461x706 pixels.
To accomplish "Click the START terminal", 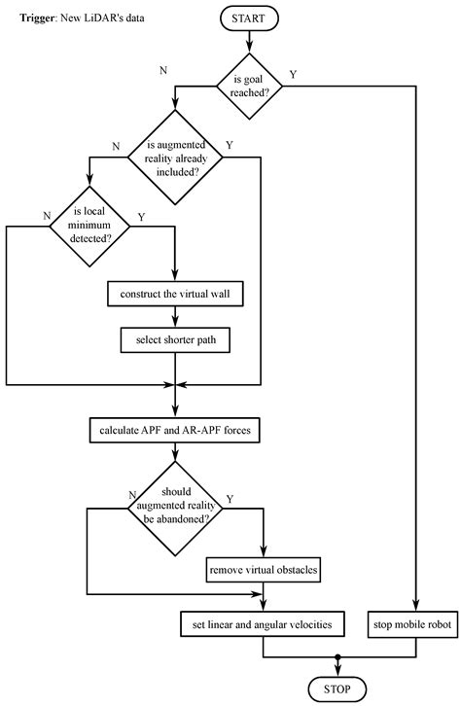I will (x=250, y=18).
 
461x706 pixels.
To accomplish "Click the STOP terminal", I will (x=337, y=688).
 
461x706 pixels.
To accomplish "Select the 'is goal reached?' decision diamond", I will (x=250, y=86).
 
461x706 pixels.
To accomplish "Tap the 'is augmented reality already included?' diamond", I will (x=176, y=159).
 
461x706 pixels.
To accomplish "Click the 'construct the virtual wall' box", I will (x=176, y=295).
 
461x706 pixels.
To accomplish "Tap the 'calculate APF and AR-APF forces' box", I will (x=176, y=429).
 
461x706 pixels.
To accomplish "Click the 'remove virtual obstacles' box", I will (x=265, y=569).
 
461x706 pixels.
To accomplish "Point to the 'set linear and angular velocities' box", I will (x=265, y=619).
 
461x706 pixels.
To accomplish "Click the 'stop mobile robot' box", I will (x=413, y=619).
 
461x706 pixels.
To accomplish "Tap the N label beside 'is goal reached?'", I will (x=175, y=70).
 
